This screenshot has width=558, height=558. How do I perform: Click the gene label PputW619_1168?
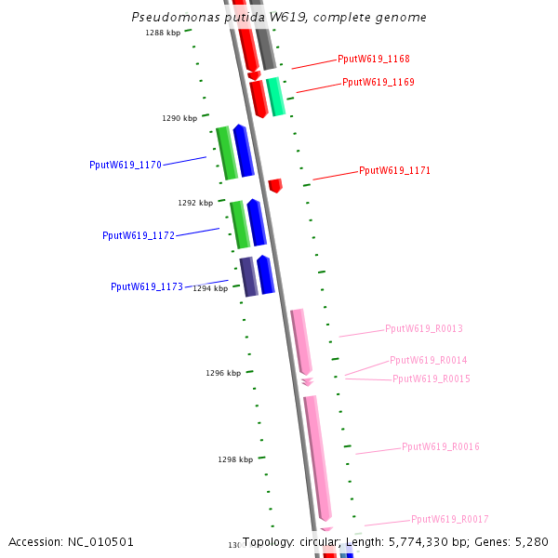[373, 59]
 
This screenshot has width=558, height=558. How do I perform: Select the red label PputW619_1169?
[378, 82]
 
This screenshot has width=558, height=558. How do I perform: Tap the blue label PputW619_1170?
[126, 165]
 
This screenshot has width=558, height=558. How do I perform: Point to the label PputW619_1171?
[394, 170]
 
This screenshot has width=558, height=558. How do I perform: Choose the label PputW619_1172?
[139, 235]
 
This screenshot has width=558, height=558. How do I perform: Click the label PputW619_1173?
[147, 286]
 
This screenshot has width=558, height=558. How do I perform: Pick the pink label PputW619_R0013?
[423, 328]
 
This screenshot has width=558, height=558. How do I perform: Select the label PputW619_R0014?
[428, 360]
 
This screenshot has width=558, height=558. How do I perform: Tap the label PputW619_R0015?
[431, 379]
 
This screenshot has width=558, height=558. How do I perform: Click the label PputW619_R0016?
[440, 446]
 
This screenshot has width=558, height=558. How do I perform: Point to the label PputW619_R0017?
[449, 519]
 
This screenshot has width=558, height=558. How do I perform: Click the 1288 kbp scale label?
[163, 33]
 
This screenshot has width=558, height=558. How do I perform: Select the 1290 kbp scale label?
[179, 118]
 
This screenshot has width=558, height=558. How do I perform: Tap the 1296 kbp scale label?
[223, 373]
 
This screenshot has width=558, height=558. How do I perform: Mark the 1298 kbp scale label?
[235, 459]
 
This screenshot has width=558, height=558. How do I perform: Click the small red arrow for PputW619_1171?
[275, 185]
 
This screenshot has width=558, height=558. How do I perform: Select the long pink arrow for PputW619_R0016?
[317, 456]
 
